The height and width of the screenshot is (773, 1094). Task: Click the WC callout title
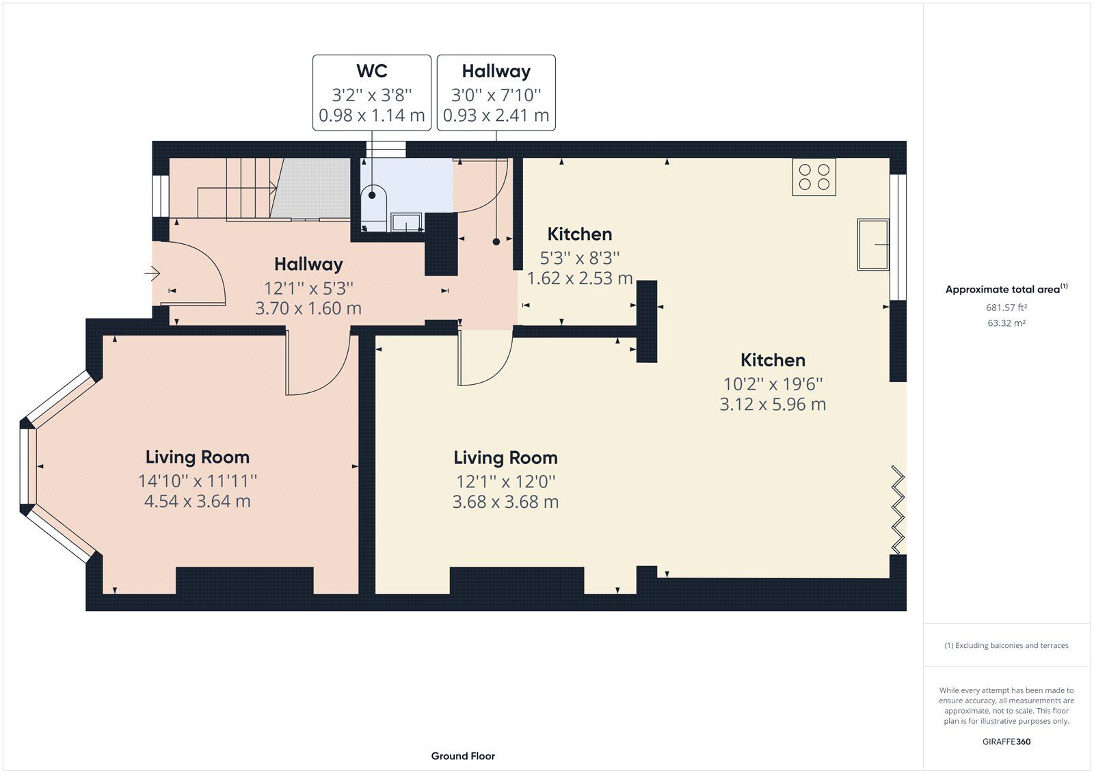(371, 71)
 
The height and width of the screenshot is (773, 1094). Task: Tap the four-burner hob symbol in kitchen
(814, 177)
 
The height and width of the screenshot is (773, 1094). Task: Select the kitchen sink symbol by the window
(873, 244)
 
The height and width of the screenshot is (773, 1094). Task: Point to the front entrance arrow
(152, 274)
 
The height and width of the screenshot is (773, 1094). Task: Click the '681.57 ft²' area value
(1006, 308)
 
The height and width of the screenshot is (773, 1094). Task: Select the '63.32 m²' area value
(1006, 323)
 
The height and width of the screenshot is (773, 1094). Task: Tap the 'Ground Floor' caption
(463, 756)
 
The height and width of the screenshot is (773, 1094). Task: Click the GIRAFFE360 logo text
(1006, 742)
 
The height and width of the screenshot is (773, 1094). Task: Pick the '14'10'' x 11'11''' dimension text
(198, 481)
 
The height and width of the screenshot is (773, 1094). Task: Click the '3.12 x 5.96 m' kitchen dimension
(773, 405)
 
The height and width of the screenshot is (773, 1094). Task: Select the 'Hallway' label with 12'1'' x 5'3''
(308, 265)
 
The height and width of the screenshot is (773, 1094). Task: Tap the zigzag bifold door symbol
(898, 510)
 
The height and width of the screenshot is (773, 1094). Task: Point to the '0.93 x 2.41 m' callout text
(496, 116)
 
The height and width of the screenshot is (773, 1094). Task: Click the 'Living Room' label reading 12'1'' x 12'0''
(505, 458)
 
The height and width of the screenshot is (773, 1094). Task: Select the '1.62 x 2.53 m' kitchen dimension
(579, 278)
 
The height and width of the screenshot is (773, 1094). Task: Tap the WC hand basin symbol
(407, 222)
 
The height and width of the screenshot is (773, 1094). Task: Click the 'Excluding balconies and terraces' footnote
(1006, 645)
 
